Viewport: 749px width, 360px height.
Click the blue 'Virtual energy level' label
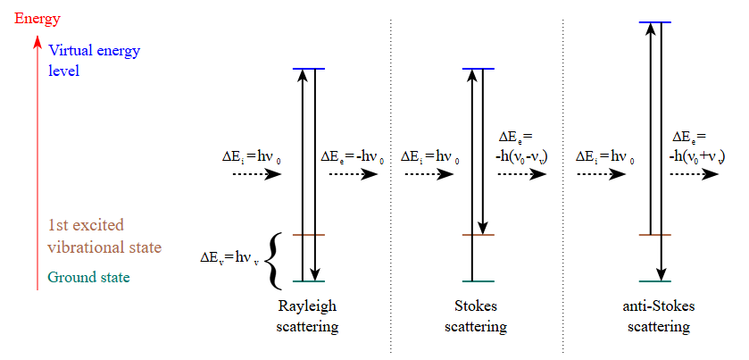click(x=95, y=60)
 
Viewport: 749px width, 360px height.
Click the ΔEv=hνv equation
click(x=230, y=258)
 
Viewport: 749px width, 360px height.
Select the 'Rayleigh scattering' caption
click(x=307, y=316)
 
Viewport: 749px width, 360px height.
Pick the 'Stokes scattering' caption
click(x=476, y=316)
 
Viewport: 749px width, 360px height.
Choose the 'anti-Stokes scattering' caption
click(x=659, y=316)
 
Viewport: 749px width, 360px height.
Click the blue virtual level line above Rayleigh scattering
click(x=309, y=69)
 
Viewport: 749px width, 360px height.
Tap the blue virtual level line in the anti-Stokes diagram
click(x=655, y=21)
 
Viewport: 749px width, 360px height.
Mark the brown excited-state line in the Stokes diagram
click(x=478, y=236)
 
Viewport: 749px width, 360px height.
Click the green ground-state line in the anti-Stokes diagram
click(x=655, y=281)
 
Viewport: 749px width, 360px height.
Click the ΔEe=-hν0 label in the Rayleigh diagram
click(x=353, y=157)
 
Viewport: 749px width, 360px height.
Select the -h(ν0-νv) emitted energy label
click(x=520, y=147)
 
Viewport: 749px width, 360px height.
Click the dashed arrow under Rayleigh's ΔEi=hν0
click(x=257, y=174)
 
